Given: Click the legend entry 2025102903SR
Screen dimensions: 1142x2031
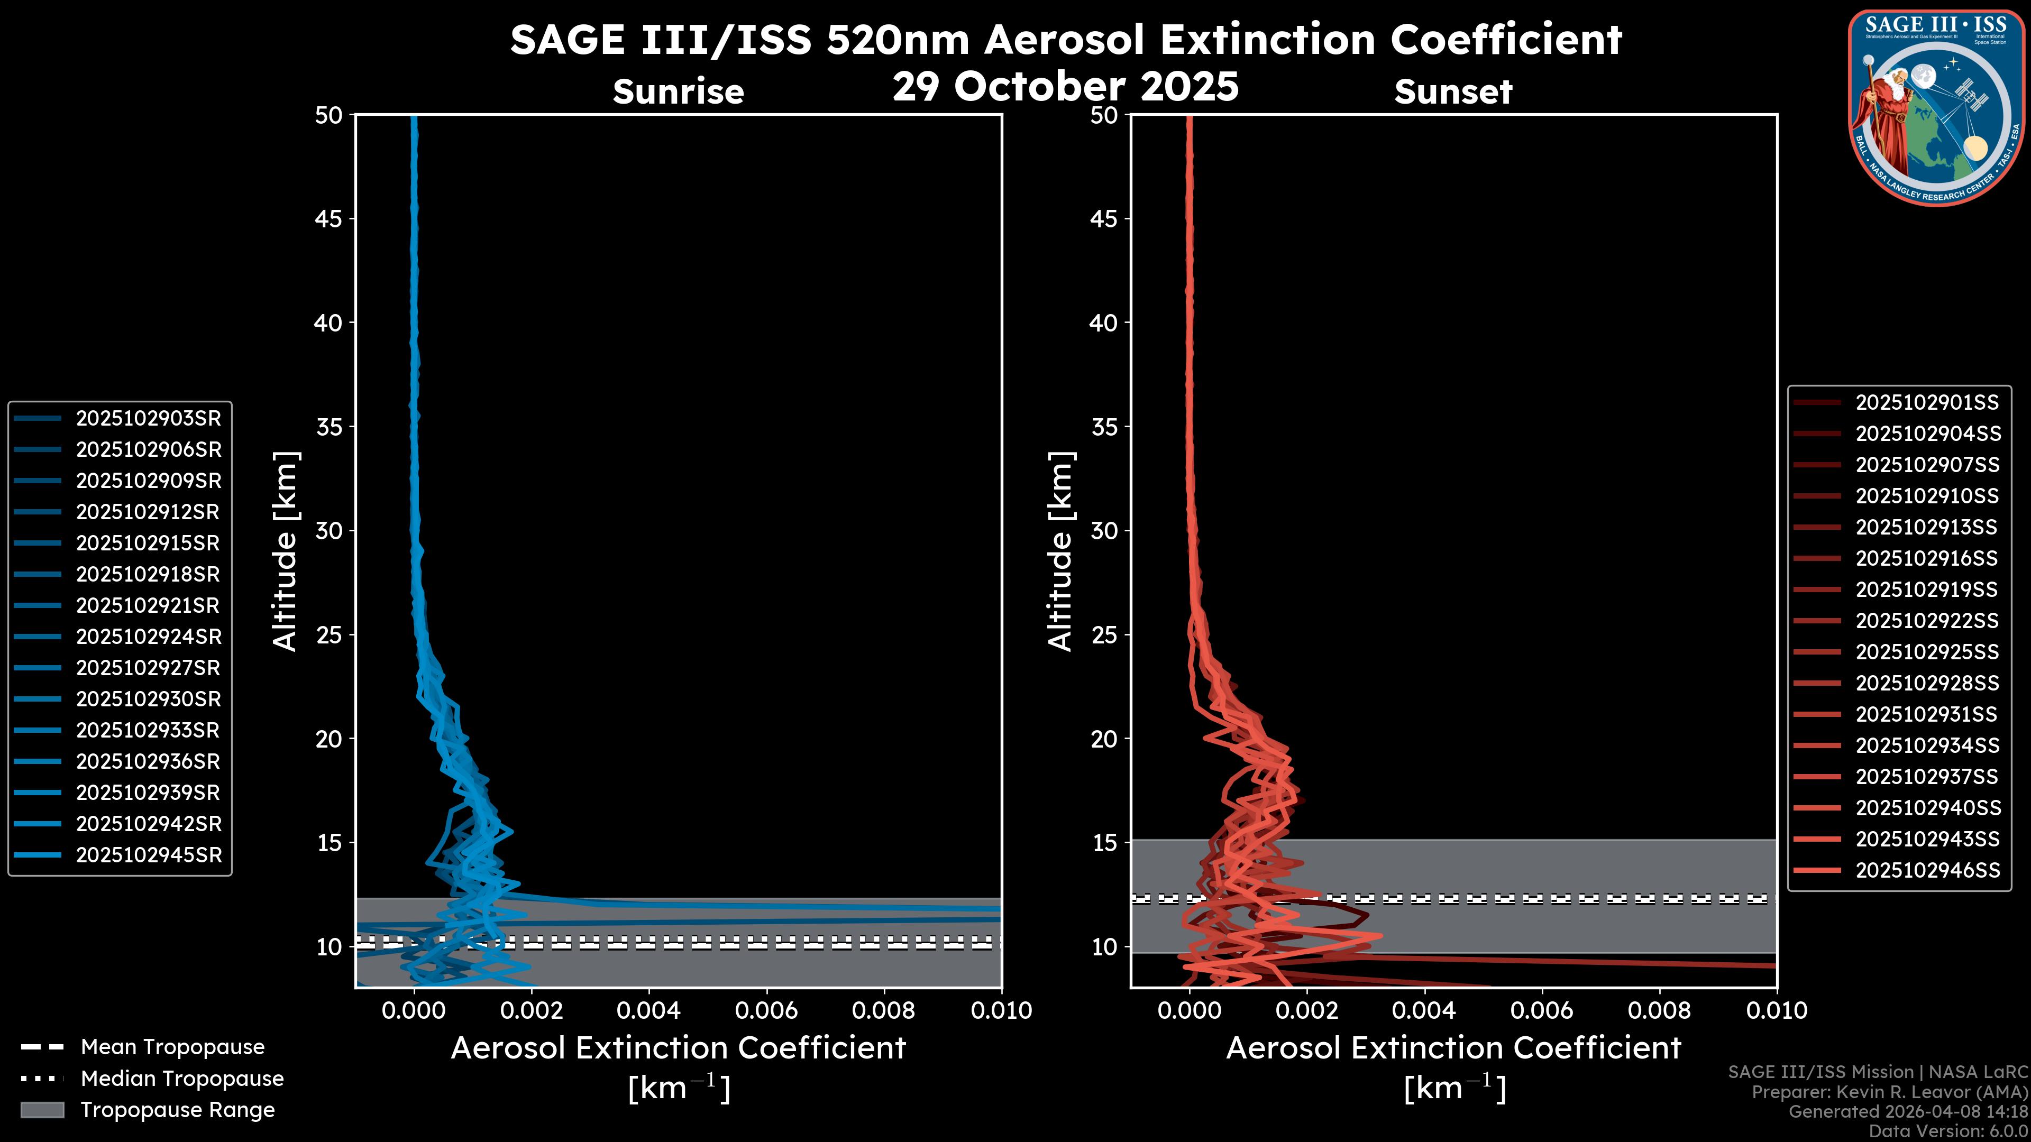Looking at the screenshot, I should click(148, 419).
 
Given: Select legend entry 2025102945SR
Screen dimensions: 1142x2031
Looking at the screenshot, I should click(148, 855).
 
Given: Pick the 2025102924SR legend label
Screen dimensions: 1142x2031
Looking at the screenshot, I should click(148, 637).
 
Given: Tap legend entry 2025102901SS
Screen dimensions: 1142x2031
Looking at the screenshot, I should click(1926, 403).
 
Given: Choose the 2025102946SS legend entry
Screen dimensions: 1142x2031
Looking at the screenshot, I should click(1926, 870).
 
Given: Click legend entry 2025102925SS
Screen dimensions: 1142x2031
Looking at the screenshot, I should click(1926, 652).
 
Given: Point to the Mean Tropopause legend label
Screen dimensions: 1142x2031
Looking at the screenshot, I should click(172, 1047).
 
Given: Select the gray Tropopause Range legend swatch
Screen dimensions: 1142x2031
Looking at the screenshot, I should click(42, 1110).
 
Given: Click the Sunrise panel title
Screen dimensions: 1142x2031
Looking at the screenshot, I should click(678, 92).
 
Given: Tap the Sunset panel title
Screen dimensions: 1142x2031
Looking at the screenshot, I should click(1453, 92).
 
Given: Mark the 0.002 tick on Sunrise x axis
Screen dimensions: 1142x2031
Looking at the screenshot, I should click(532, 1010).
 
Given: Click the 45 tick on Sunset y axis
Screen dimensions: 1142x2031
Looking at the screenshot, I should click(1104, 219).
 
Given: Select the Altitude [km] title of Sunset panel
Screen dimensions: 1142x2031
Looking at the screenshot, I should click(1060, 551).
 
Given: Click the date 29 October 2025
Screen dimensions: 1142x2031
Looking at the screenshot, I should click(1065, 86).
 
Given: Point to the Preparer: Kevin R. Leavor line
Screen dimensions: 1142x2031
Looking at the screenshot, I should click(1889, 1092).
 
